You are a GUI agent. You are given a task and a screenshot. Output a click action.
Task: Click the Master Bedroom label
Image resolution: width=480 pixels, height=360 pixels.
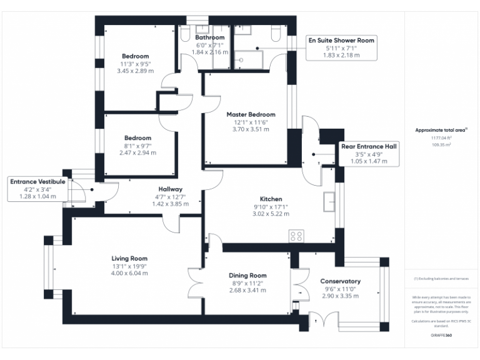(251, 114)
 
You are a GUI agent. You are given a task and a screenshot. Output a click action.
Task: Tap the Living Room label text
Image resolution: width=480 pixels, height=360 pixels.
(129, 259)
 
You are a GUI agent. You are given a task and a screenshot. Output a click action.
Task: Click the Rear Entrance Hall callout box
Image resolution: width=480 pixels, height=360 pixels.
(369, 154)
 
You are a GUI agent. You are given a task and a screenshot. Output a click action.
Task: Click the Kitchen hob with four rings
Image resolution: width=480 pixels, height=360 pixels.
(296, 236)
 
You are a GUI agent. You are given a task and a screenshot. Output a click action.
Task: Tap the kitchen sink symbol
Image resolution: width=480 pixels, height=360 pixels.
(329, 201)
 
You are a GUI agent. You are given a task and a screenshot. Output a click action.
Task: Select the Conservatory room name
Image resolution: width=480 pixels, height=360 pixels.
(340, 281)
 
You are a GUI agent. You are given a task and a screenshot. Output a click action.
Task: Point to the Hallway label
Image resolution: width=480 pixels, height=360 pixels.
(170, 189)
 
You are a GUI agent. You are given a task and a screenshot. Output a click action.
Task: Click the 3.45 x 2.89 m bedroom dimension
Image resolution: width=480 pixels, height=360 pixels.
(136, 72)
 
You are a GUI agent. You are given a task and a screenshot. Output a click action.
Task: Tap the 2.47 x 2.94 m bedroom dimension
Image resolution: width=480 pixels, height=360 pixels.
(137, 152)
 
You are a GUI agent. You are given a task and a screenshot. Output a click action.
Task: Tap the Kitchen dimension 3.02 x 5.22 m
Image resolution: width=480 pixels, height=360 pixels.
(271, 214)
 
